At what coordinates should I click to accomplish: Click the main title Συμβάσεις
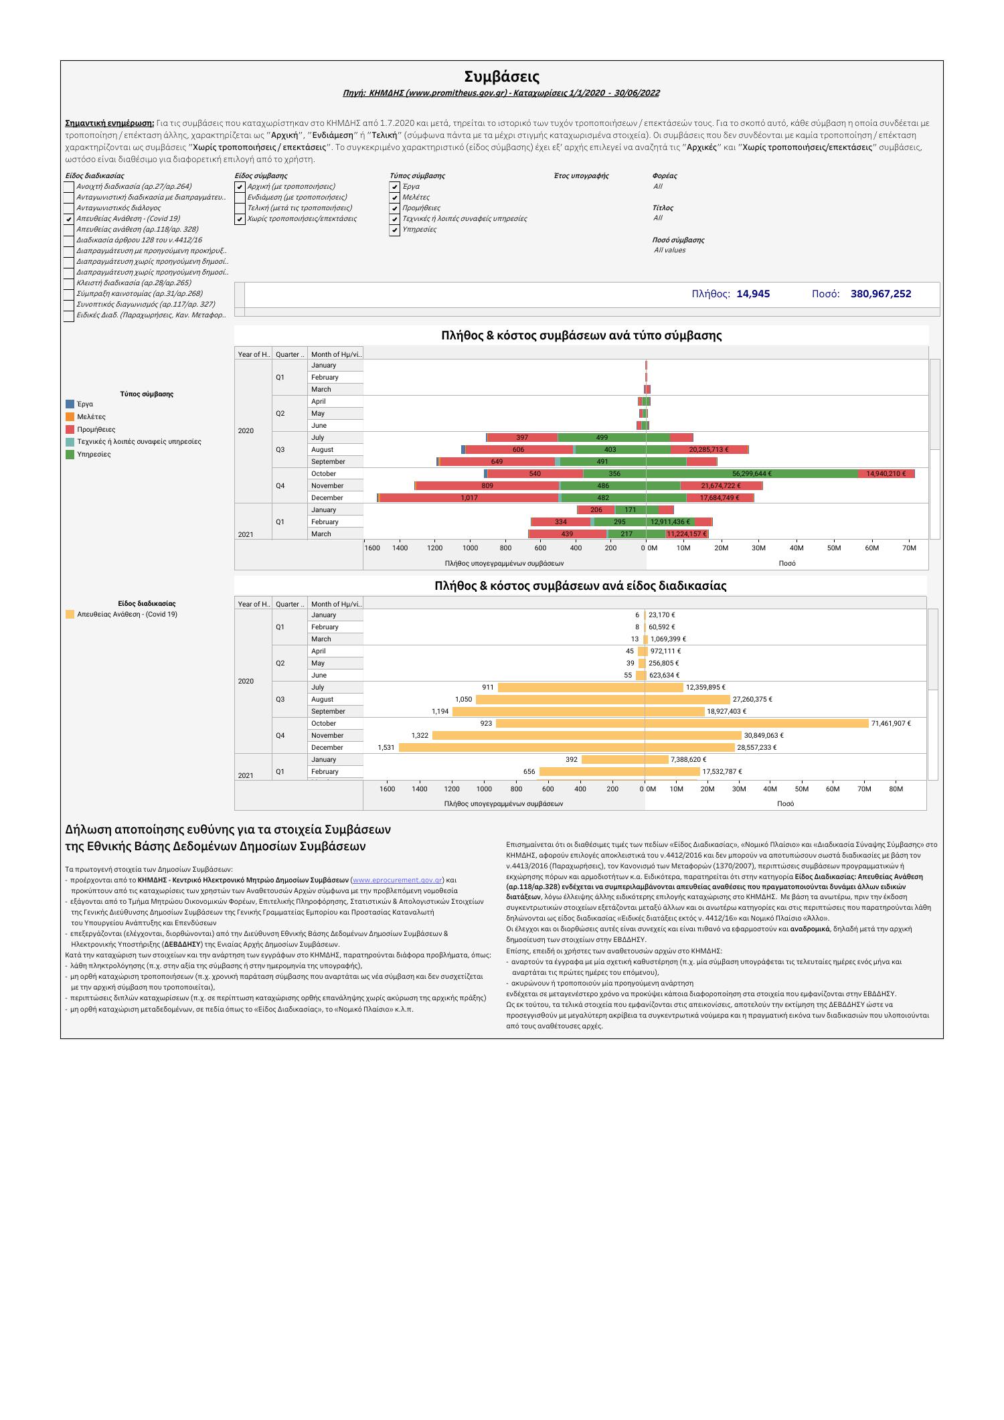tap(501, 76)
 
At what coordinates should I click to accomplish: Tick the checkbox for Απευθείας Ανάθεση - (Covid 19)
tap(68, 219)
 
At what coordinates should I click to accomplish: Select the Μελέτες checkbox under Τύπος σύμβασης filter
tap(395, 198)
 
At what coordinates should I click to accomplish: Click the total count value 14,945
tap(753, 293)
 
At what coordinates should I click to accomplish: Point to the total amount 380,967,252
tap(880, 293)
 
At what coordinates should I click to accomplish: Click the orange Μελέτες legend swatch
tap(70, 416)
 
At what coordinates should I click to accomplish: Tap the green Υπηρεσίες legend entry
tap(94, 455)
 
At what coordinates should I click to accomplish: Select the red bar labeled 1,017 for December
tap(469, 498)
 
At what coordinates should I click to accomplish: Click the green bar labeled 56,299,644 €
tap(752, 474)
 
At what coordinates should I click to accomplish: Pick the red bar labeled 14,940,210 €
tap(886, 474)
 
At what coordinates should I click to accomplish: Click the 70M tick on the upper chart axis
tap(908, 548)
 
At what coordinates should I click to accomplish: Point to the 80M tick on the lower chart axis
tap(896, 789)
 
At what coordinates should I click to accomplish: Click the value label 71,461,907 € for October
tap(890, 724)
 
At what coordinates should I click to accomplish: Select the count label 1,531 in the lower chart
tap(386, 748)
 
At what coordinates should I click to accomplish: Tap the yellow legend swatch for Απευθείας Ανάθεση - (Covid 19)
tap(70, 615)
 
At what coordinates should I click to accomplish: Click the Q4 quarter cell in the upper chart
tap(280, 486)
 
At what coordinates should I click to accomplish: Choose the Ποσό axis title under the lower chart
tap(786, 803)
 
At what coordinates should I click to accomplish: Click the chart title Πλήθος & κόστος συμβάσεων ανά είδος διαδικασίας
tap(580, 586)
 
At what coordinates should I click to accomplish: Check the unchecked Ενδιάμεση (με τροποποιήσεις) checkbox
tap(240, 198)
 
